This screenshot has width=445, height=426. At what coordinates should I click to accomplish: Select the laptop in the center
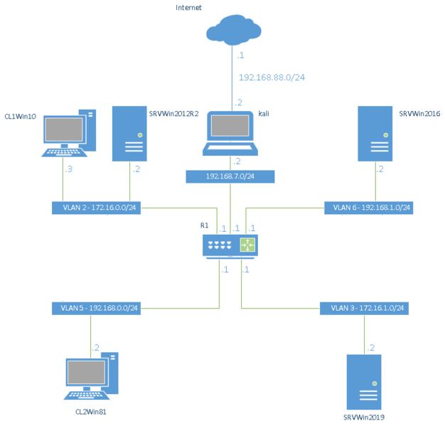pyautogui.click(x=230, y=132)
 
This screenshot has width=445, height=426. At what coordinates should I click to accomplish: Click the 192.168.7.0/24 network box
pyautogui.click(x=230, y=176)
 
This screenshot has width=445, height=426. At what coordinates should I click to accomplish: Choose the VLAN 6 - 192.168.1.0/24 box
pyautogui.click(x=368, y=208)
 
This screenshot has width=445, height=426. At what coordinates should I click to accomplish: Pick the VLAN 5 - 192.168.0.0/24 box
pyautogui.click(x=95, y=308)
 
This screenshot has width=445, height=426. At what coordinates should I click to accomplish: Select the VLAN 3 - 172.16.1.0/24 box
pyautogui.click(x=364, y=308)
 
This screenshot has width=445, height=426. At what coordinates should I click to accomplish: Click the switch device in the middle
pyautogui.click(x=230, y=245)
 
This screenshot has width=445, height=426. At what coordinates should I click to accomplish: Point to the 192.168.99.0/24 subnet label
pyautogui.click(x=272, y=77)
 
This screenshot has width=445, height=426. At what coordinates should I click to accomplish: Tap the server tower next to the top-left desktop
pyautogui.click(x=129, y=134)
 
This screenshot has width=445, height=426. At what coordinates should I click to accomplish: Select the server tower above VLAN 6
pyautogui.click(x=375, y=134)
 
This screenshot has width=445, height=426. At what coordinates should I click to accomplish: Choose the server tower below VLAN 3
pyautogui.click(x=364, y=382)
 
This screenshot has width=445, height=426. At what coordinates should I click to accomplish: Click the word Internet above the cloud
pyautogui.click(x=189, y=8)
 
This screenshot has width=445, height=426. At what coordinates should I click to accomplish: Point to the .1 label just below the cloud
pyautogui.click(x=241, y=55)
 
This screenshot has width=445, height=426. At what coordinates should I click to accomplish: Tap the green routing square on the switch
pyautogui.click(x=247, y=245)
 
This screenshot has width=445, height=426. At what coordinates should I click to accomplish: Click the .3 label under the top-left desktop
pyautogui.click(x=68, y=170)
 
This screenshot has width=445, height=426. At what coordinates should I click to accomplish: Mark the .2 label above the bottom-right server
pyautogui.click(x=370, y=348)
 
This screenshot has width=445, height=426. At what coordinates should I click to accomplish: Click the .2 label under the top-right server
pyautogui.click(x=380, y=170)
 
